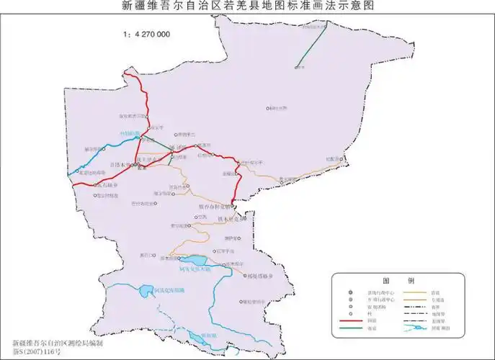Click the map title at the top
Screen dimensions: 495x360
(247, 6)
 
